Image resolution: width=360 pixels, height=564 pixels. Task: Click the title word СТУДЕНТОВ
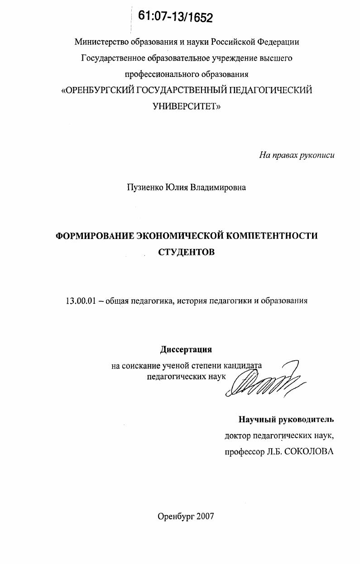click(x=186, y=252)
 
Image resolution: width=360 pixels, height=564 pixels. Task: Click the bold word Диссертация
click(x=186, y=349)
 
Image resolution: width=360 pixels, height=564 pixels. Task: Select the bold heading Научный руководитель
click(x=286, y=419)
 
